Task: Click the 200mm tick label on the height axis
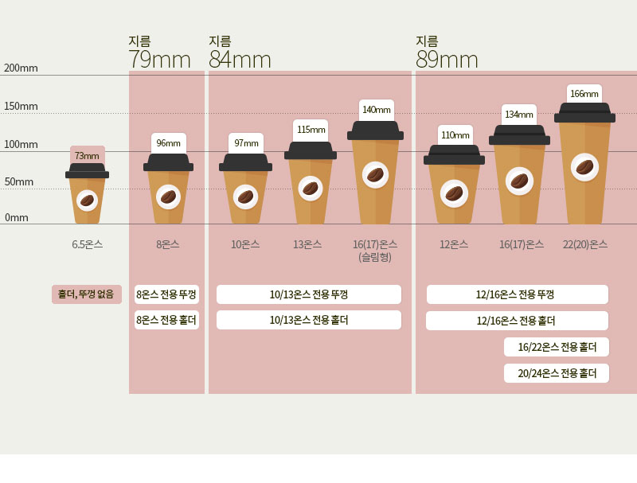[21, 68]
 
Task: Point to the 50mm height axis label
[18, 181]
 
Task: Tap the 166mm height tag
[584, 94]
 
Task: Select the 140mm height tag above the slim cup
[377, 110]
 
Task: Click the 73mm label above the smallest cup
[87, 155]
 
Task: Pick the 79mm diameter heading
[160, 60]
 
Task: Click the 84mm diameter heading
[240, 60]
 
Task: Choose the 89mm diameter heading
[447, 60]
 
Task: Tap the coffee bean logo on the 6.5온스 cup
[87, 200]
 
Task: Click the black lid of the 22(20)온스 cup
[584, 112]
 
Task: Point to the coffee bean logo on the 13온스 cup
[311, 189]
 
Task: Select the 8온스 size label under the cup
[168, 244]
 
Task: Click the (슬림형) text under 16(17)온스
[375, 257]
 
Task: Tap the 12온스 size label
[454, 244]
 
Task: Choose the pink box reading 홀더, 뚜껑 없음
[87, 294]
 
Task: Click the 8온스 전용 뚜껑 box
[166, 294]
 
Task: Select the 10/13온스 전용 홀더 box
[309, 320]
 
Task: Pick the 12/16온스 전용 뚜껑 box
[517, 294]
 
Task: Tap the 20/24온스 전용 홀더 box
[557, 373]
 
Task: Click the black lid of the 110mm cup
[454, 155]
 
